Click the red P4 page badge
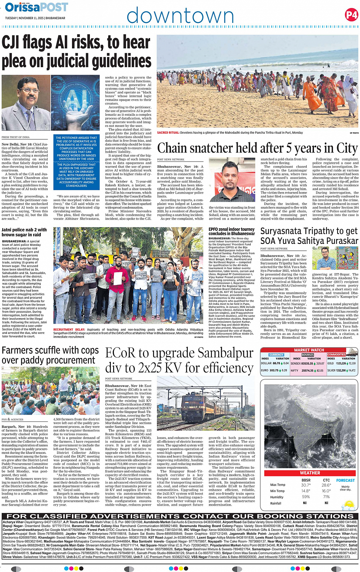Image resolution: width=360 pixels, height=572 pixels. (x=351, y=15)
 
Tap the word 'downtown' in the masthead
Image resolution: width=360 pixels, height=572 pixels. (x=180, y=16)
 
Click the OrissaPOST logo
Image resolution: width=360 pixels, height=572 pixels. (x=37, y=7)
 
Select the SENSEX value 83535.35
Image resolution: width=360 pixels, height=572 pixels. (x=307, y=364)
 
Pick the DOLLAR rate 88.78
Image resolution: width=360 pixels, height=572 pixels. (x=276, y=364)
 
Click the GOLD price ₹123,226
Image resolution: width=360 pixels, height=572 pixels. (x=341, y=364)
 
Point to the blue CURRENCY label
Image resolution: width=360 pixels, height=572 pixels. (x=276, y=355)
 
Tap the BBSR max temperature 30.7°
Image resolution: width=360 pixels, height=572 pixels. (x=306, y=485)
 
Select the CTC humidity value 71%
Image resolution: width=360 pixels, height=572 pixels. (x=326, y=497)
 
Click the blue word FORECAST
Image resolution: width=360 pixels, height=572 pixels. (x=346, y=481)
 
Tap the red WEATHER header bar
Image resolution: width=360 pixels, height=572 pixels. (x=310, y=473)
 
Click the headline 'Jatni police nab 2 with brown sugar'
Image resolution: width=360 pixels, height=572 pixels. (x=24, y=232)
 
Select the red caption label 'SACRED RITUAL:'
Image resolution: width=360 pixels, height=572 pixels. (x=168, y=133)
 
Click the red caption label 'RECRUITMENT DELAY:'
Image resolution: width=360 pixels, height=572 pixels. (x=69, y=330)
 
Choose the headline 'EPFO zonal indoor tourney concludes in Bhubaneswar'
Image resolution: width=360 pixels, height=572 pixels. (x=231, y=231)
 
